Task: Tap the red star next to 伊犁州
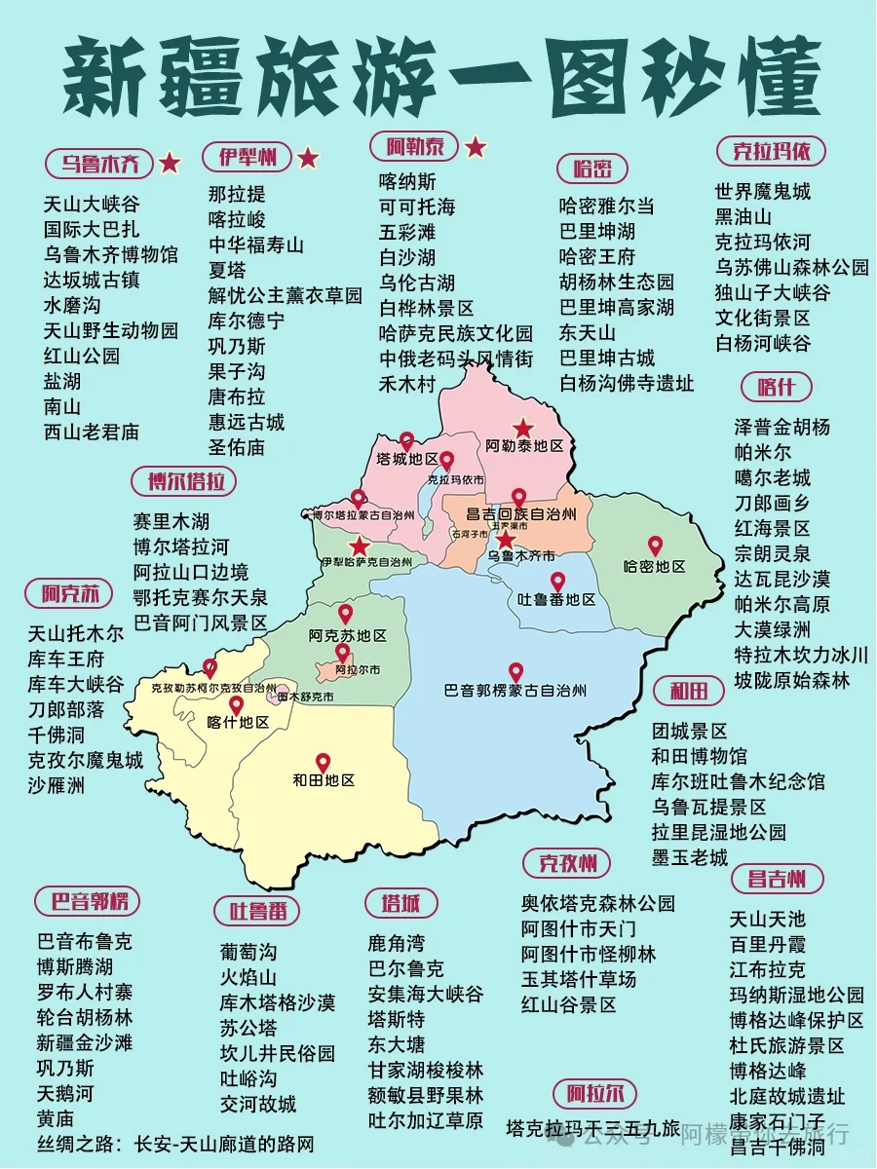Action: [308, 157]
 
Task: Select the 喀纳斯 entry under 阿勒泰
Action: [407, 182]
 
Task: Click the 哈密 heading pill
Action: [592, 169]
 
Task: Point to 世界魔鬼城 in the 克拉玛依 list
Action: [762, 191]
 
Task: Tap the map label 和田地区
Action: [323, 780]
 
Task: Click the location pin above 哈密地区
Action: [655, 547]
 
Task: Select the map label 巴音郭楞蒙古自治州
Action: [515, 691]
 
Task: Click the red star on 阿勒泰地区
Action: [523, 428]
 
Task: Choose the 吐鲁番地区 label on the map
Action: [556, 600]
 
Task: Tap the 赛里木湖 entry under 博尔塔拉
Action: [172, 522]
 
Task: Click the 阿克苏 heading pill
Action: [70, 593]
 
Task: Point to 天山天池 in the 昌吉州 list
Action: [768, 919]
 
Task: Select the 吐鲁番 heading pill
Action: [257, 911]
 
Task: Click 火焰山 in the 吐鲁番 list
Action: [248, 977]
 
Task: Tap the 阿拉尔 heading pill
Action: [594, 1092]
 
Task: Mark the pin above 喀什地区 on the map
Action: [236, 705]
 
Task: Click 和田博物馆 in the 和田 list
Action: [700, 756]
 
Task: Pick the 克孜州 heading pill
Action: [566, 862]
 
